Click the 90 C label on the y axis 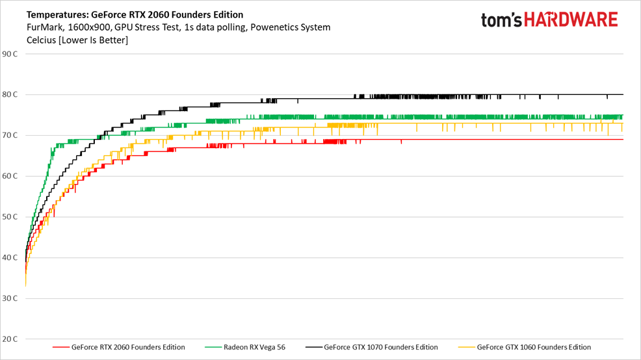(x=10, y=54)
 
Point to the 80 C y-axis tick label (x=10, y=95)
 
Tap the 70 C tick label (x=10, y=136)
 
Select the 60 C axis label (x=10, y=176)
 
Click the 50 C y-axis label (x=10, y=217)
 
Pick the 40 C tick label (x=10, y=258)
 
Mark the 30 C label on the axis (x=10, y=299)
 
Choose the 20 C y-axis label (x=10, y=339)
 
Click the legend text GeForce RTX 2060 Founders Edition (x=128, y=348)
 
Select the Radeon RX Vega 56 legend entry (x=254, y=348)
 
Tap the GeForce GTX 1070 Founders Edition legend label (x=381, y=348)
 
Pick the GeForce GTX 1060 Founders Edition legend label (x=534, y=348)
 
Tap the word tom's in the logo (x=502, y=21)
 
